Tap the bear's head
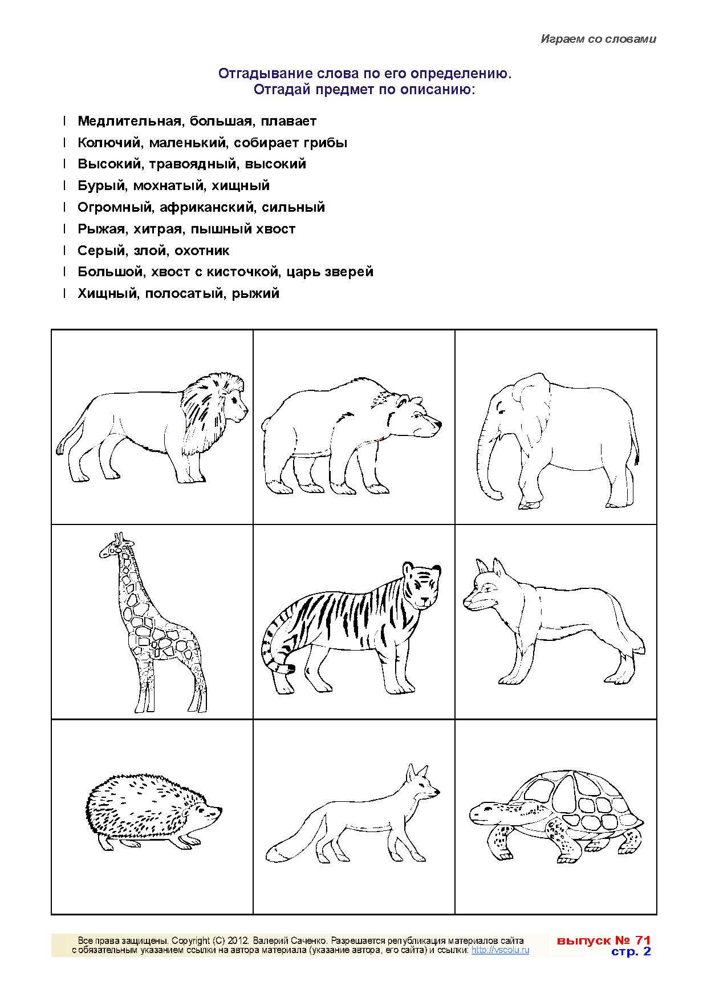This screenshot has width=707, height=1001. (x=416, y=419)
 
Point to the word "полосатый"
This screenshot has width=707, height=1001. (x=185, y=294)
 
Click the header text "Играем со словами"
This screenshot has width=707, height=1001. (x=599, y=39)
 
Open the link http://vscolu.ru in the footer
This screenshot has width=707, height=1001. (x=501, y=950)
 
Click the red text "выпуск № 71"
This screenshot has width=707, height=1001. (x=604, y=940)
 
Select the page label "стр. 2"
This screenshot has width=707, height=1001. (x=631, y=951)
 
